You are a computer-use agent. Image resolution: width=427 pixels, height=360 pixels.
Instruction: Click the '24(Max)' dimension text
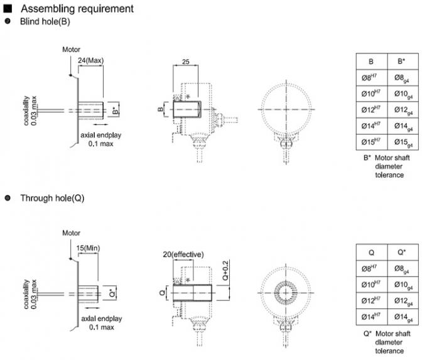[91, 61]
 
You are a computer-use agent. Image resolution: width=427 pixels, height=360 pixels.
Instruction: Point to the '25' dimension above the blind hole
[186, 62]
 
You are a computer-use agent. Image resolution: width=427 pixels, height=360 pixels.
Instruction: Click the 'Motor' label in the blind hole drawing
[72, 48]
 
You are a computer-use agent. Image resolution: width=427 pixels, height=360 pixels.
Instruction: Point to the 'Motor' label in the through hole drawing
[72, 232]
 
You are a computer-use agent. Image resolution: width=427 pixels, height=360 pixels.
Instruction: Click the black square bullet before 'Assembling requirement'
[8, 9]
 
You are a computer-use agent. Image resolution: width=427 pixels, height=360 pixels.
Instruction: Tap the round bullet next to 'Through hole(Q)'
[8, 198]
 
